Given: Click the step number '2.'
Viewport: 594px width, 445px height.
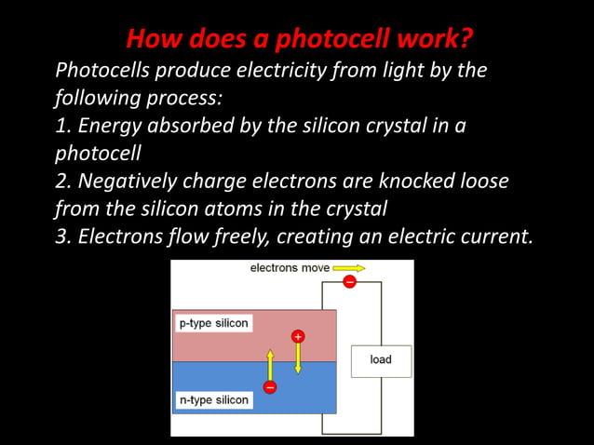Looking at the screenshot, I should click(x=65, y=181).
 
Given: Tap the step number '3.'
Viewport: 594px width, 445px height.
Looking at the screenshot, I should click(x=65, y=236).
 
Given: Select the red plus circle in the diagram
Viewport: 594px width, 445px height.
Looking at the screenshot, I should click(x=298, y=335).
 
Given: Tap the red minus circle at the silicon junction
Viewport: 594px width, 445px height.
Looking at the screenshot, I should click(x=270, y=386).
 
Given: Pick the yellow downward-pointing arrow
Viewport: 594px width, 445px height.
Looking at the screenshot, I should click(x=298, y=357).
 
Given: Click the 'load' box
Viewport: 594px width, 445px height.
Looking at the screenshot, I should click(x=381, y=360).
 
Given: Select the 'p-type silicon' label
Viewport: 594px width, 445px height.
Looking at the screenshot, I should click(x=213, y=324).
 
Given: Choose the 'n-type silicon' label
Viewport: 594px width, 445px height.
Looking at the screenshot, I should click(x=213, y=400).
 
